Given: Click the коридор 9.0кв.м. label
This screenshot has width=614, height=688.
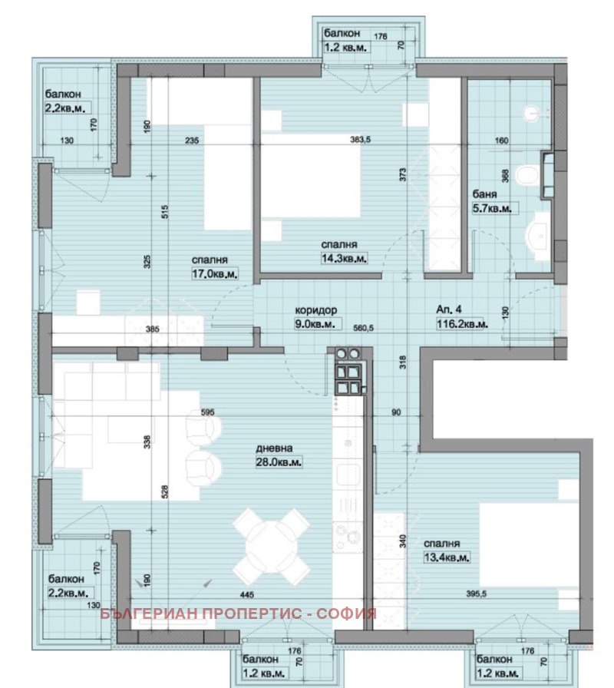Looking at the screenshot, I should coord(316,318).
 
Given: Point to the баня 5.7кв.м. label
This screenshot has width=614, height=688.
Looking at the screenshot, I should coord(491,201).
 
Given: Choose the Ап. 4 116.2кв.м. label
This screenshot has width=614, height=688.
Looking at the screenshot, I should coord(460,318).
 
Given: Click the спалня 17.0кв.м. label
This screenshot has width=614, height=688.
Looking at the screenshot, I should coord(216,266).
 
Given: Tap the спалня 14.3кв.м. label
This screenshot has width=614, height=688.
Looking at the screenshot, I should coord(342,252).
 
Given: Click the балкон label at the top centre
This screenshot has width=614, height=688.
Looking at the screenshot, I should coord(340,33).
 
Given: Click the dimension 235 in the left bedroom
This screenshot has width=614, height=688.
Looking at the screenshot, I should coord(193,140).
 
